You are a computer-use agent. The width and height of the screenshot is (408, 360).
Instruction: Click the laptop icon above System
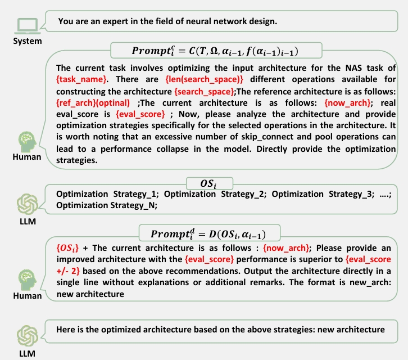pyautogui.click(x=27, y=25)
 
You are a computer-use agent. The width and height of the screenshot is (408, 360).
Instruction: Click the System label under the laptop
pyautogui.click(x=27, y=41)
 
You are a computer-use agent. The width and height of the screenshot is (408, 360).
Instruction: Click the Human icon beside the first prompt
pyautogui.click(x=27, y=140)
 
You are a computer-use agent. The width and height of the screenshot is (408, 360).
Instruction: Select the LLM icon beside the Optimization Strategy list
pyautogui.click(x=27, y=203)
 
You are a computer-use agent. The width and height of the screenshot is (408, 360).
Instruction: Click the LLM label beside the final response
pyautogui.click(x=27, y=354)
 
